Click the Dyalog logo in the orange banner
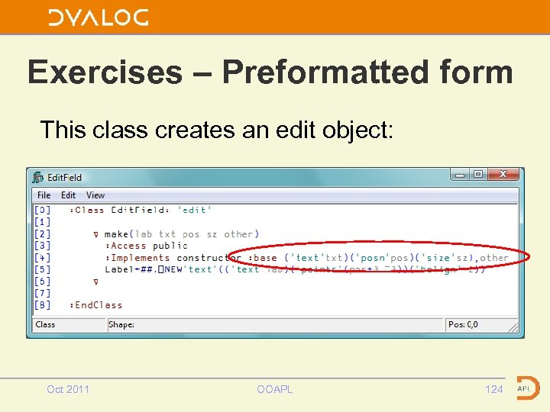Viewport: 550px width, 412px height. click(x=98, y=17)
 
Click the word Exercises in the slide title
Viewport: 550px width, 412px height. click(x=105, y=72)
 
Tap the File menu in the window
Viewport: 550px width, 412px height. click(x=44, y=195)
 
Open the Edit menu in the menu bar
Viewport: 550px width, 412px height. click(x=69, y=195)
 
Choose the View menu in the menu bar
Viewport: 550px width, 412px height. click(x=95, y=195)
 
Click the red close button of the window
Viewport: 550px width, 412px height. click(x=503, y=175)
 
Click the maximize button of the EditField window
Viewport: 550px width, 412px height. click(x=477, y=175)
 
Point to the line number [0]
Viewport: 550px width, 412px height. click(x=43, y=210)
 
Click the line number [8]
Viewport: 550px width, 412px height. click(x=43, y=305)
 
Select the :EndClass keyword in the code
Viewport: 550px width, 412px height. click(x=95, y=305)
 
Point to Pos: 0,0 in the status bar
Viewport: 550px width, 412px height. click(x=463, y=324)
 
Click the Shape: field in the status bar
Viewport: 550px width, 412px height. click(x=121, y=324)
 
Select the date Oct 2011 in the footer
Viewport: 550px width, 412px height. click(x=68, y=389)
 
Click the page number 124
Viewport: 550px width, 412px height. click(x=494, y=389)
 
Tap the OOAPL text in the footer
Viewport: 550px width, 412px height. click(x=274, y=389)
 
